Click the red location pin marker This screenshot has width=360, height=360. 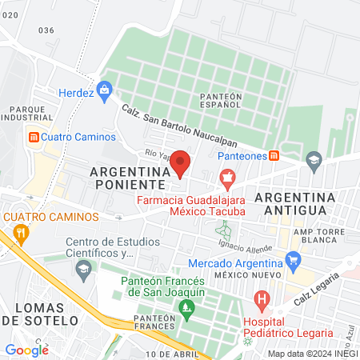pyautogui.click(x=180, y=163)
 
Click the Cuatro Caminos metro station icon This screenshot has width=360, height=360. pyautogui.click(x=34, y=136)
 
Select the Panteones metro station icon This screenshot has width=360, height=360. pyautogui.click(x=274, y=155)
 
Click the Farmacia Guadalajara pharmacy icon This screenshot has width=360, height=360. pyautogui.click(x=227, y=176)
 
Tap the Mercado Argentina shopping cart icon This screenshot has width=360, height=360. pyautogui.click(x=293, y=259)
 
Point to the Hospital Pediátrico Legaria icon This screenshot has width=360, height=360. pyautogui.click(x=261, y=302)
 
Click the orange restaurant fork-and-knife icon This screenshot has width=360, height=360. pyautogui.click(x=21, y=234)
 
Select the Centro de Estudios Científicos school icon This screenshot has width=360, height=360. pyautogui.click(x=82, y=270)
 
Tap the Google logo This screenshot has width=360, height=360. pyautogui.click(x=26, y=350)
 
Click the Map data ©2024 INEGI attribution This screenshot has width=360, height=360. pyautogui.click(x=312, y=353)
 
